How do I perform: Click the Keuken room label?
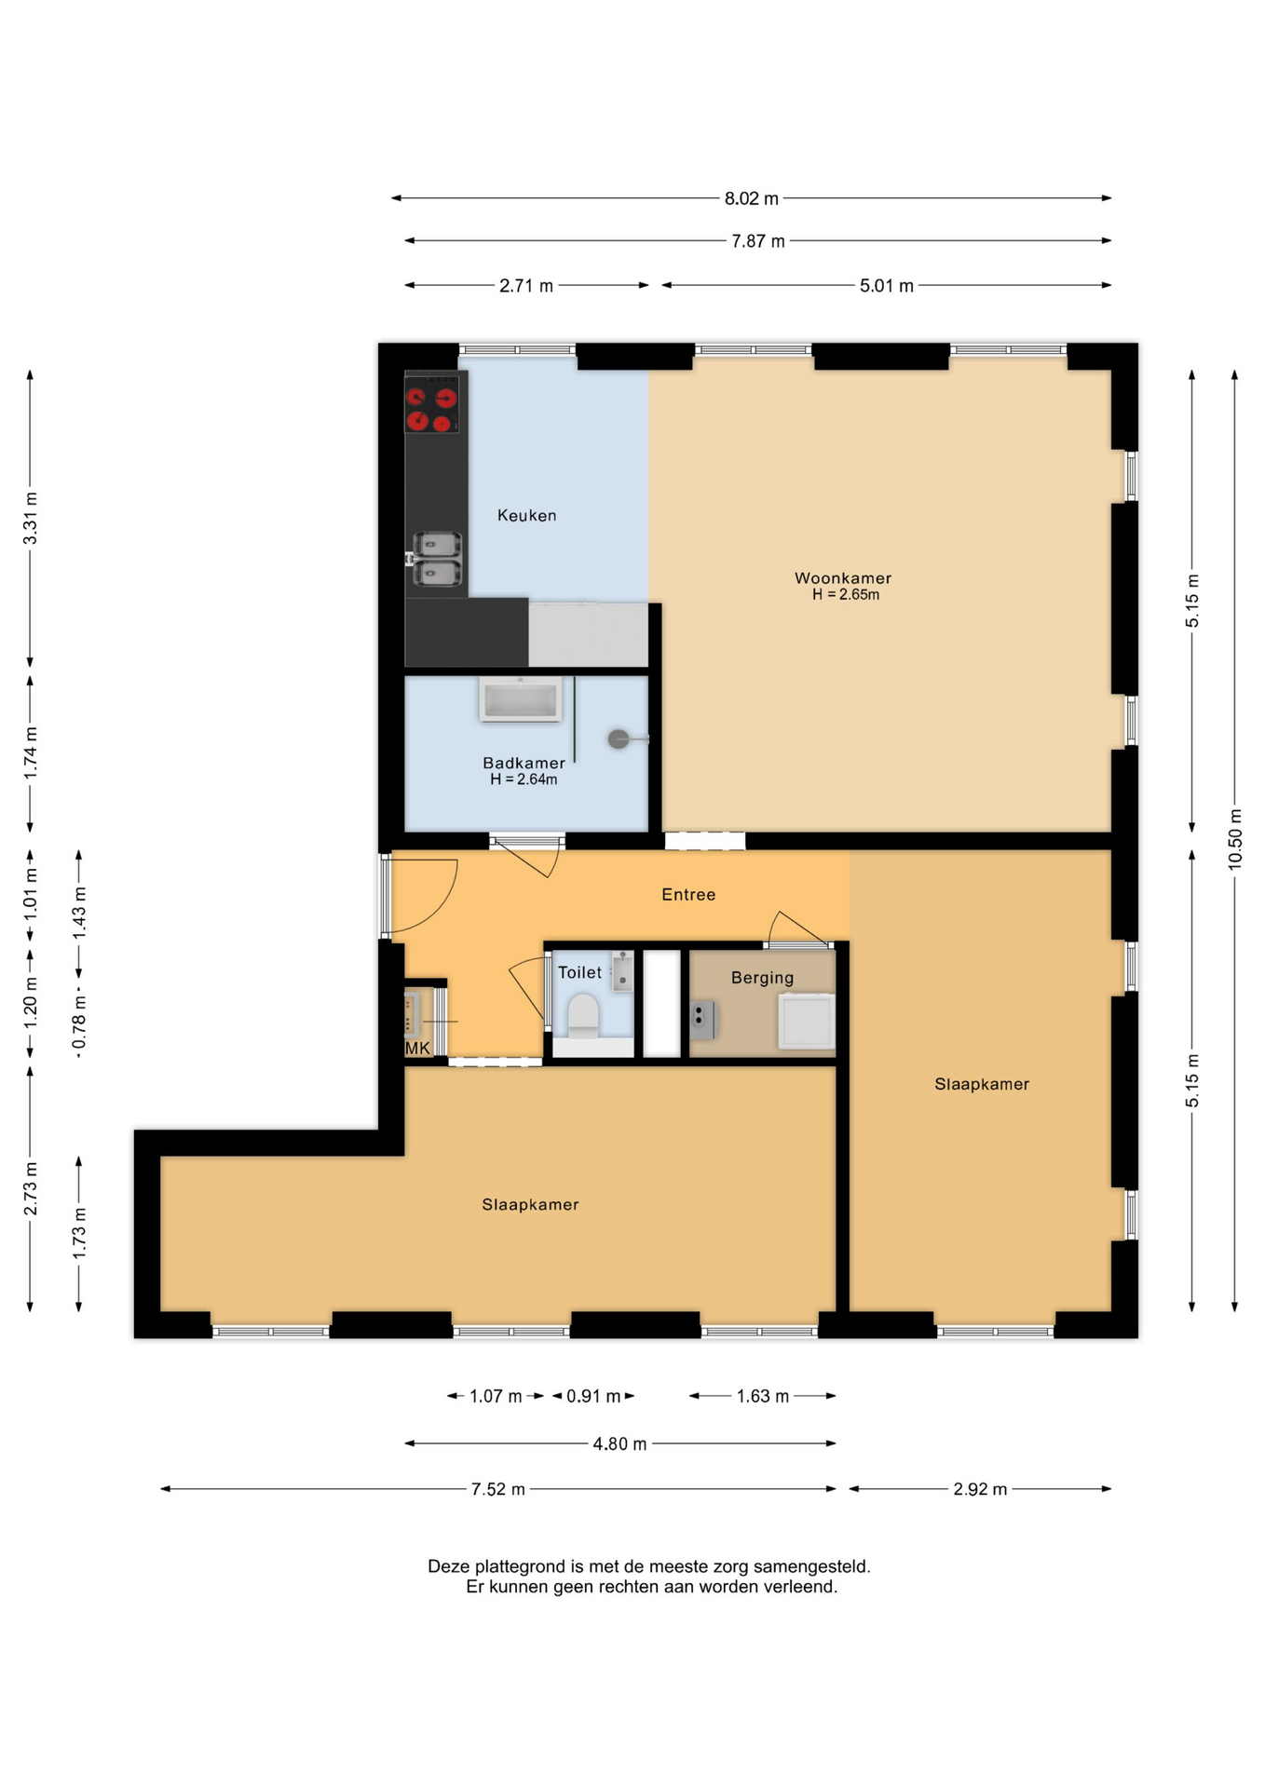click(x=526, y=515)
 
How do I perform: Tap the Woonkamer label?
click(x=843, y=578)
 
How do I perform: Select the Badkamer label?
click(x=524, y=763)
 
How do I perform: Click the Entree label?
click(x=688, y=894)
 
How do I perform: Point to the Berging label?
click(x=762, y=978)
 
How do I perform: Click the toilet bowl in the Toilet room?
click(x=583, y=1015)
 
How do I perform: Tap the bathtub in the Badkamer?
click(x=521, y=698)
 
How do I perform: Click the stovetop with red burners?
click(x=432, y=403)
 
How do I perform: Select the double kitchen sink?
click(x=437, y=559)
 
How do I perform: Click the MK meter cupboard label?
click(x=417, y=1049)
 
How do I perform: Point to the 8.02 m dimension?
click(x=752, y=198)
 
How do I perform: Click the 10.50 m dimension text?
click(x=1235, y=838)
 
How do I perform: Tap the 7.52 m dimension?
click(x=498, y=1489)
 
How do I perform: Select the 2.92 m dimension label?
click(x=980, y=1489)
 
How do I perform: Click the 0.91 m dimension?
click(x=593, y=1396)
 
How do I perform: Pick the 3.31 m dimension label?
click(x=31, y=518)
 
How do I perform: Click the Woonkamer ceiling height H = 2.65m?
click(x=846, y=595)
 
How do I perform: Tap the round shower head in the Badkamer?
click(x=619, y=739)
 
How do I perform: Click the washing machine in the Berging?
click(x=807, y=1022)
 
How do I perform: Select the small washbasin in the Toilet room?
click(x=623, y=971)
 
